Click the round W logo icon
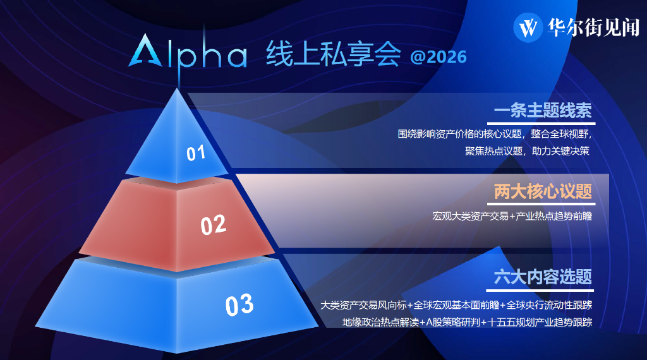tap(528, 28)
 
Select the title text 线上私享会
tap(334, 54)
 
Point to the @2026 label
tap(438, 57)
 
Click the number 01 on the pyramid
tap(196, 153)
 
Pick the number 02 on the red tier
tap(214, 225)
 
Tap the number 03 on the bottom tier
tap(239, 305)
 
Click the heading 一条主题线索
tap(543, 111)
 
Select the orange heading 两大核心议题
tap(543, 191)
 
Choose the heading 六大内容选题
tap(543, 277)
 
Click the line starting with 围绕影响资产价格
tap(495, 134)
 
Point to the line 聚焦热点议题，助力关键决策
tap(527, 151)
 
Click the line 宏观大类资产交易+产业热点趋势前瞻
tap(512, 216)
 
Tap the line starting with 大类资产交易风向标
tap(456, 305)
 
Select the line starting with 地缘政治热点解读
tap(467, 322)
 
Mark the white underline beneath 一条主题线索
tap(541, 123)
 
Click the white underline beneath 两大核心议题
tap(541, 204)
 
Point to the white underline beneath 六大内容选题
tap(541, 291)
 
